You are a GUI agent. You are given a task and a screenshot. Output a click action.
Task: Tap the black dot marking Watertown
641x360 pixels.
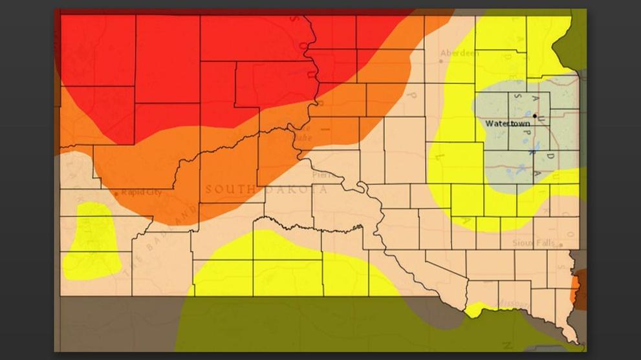coord(535,116)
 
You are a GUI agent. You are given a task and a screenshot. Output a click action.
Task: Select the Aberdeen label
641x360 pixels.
coord(459,53)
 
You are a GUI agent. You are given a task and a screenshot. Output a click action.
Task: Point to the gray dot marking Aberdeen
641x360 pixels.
coord(441,61)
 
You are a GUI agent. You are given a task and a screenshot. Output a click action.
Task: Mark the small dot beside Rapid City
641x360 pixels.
coord(116,193)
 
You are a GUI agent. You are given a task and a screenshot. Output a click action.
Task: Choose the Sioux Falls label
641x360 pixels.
coord(534,243)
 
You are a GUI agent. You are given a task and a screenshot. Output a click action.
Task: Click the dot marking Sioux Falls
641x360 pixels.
coord(561,244)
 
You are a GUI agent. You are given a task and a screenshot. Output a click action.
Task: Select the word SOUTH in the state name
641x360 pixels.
coord(229,189)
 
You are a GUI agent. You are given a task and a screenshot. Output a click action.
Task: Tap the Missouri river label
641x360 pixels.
coord(514,302)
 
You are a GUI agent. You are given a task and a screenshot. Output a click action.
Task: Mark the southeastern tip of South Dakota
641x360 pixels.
coord(576,341)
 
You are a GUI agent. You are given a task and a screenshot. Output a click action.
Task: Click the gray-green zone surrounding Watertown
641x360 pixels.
coord(517,155)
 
